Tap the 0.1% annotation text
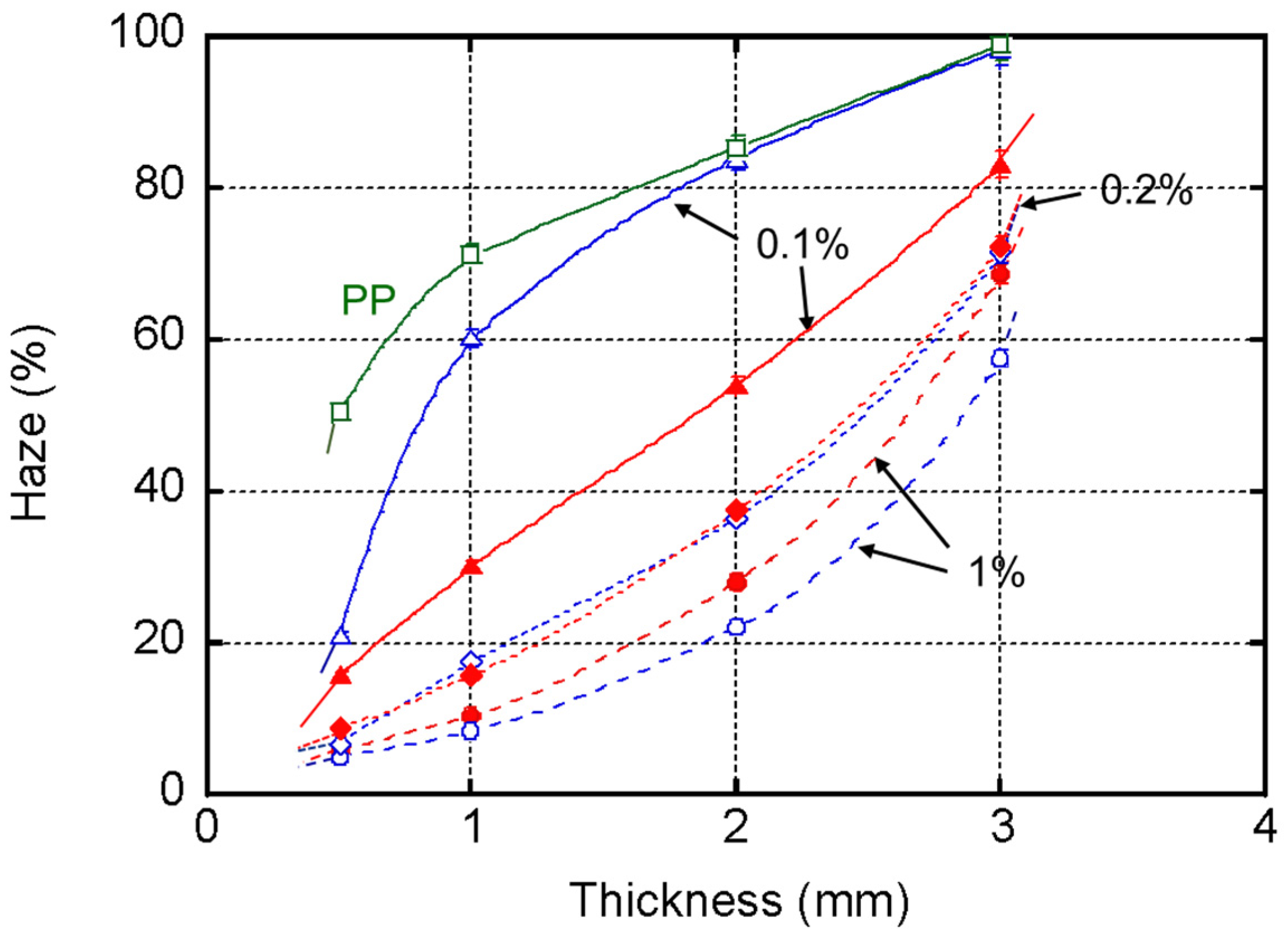click(x=802, y=245)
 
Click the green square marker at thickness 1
click(x=471, y=254)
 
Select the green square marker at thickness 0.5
click(x=341, y=410)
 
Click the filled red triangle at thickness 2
click(x=736, y=387)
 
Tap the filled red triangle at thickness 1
click(x=471, y=566)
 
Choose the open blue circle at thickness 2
click(x=736, y=627)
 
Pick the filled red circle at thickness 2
click(x=736, y=582)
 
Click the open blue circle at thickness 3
click(x=1001, y=359)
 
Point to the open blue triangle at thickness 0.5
click(x=341, y=636)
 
